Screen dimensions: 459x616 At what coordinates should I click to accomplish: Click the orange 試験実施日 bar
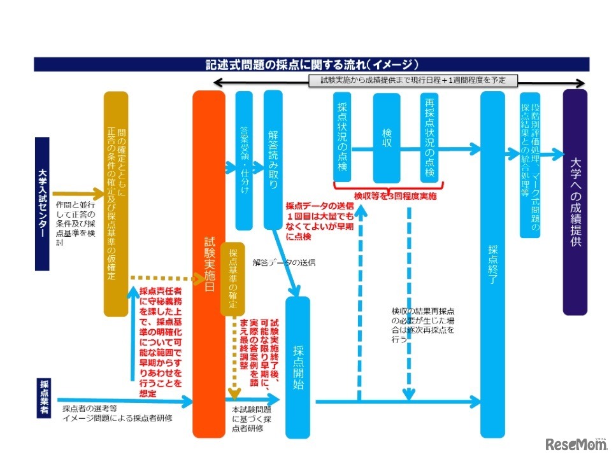(209, 264)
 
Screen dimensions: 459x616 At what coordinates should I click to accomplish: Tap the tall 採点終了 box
(492, 264)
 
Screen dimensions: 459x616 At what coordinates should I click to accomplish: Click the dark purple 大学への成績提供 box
(575, 202)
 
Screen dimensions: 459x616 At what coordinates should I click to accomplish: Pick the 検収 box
(386, 137)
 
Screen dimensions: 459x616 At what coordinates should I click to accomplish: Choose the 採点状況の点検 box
(343, 137)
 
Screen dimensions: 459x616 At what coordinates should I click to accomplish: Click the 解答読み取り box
(273, 159)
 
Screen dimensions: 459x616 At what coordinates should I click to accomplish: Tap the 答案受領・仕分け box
(244, 159)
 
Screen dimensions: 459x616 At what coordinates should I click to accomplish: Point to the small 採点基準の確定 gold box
(233, 278)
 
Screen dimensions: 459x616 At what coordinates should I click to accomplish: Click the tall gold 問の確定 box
(117, 204)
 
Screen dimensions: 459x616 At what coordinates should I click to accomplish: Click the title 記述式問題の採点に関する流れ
(312, 64)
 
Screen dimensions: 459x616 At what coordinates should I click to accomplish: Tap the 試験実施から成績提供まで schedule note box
(412, 80)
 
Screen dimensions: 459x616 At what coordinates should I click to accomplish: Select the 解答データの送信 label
(283, 262)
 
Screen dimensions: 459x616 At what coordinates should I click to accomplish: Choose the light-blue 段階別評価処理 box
(530, 165)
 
